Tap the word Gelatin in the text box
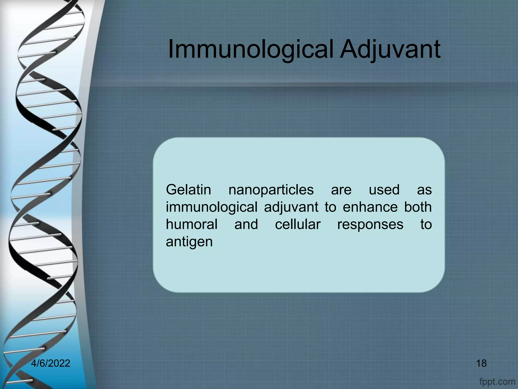188,190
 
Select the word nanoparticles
271,190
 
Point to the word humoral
192,224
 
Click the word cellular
298,224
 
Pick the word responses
370,224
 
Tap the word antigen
189,242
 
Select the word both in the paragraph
418,207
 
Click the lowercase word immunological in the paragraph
211,207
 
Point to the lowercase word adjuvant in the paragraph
291,207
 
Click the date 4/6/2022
51,363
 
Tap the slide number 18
481,363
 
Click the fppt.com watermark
497,381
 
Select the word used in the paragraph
384,190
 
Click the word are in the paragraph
341,190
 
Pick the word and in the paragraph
246,224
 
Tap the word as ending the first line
424,190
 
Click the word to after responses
426,224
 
